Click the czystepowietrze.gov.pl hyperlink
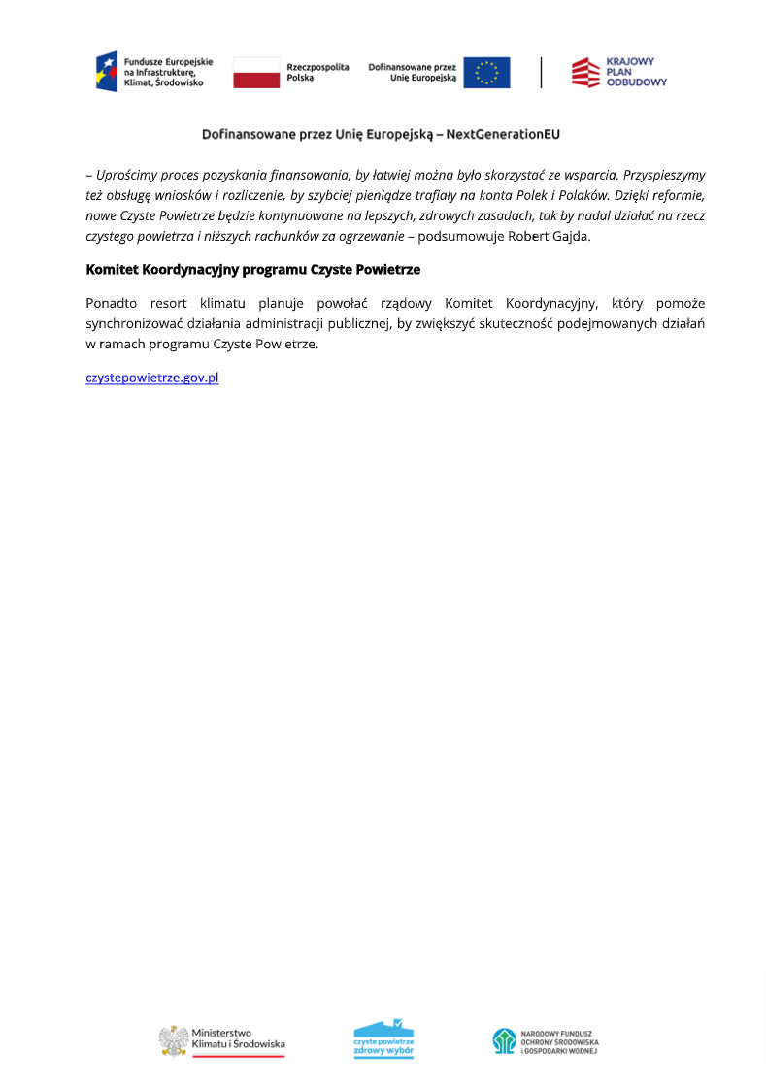point(152,378)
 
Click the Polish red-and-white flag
point(256,73)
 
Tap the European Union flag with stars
point(486,73)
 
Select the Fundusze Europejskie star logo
point(106,72)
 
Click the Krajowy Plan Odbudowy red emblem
point(585,73)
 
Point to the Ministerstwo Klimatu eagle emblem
point(173,1041)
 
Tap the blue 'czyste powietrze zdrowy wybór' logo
point(383,1038)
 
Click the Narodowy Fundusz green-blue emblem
point(504,1041)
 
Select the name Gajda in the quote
point(569,236)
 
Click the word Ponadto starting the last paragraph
point(112,303)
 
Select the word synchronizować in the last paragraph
point(135,323)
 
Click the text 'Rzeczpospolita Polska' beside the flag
point(317,72)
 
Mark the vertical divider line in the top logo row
point(542,73)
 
